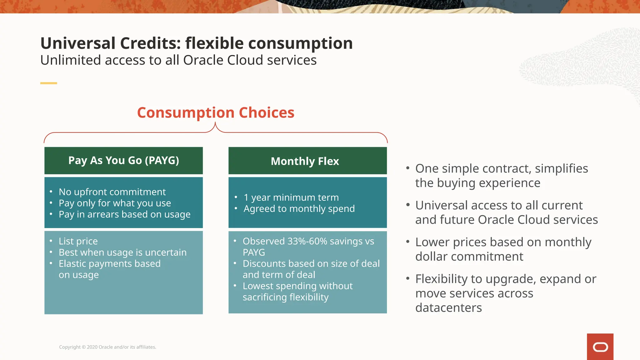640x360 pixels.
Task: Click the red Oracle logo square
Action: click(x=600, y=347)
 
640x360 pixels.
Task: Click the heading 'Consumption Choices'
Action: click(x=216, y=112)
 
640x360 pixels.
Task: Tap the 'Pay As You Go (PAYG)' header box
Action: click(x=123, y=161)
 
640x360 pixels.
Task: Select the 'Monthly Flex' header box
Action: click(x=307, y=161)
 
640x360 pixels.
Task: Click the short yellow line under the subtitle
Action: click(x=48, y=83)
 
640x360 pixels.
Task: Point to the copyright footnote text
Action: click(x=107, y=347)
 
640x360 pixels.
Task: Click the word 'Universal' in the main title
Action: click(x=78, y=43)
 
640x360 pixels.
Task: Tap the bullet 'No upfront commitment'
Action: click(x=112, y=192)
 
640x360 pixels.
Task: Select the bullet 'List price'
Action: click(x=78, y=241)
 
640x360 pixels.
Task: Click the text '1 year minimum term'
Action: click(x=291, y=197)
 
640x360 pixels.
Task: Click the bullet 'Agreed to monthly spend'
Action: click(x=299, y=208)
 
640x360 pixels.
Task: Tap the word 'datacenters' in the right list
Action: click(x=448, y=308)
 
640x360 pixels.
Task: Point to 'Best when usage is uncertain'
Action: click(x=122, y=252)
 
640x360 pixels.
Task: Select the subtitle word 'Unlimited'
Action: click(x=70, y=60)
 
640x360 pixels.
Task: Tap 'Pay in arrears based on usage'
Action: click(x=124, y=214)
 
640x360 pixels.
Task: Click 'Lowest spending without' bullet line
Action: click(x=297, y=286)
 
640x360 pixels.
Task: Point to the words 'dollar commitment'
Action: click(x=469, y=257)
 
